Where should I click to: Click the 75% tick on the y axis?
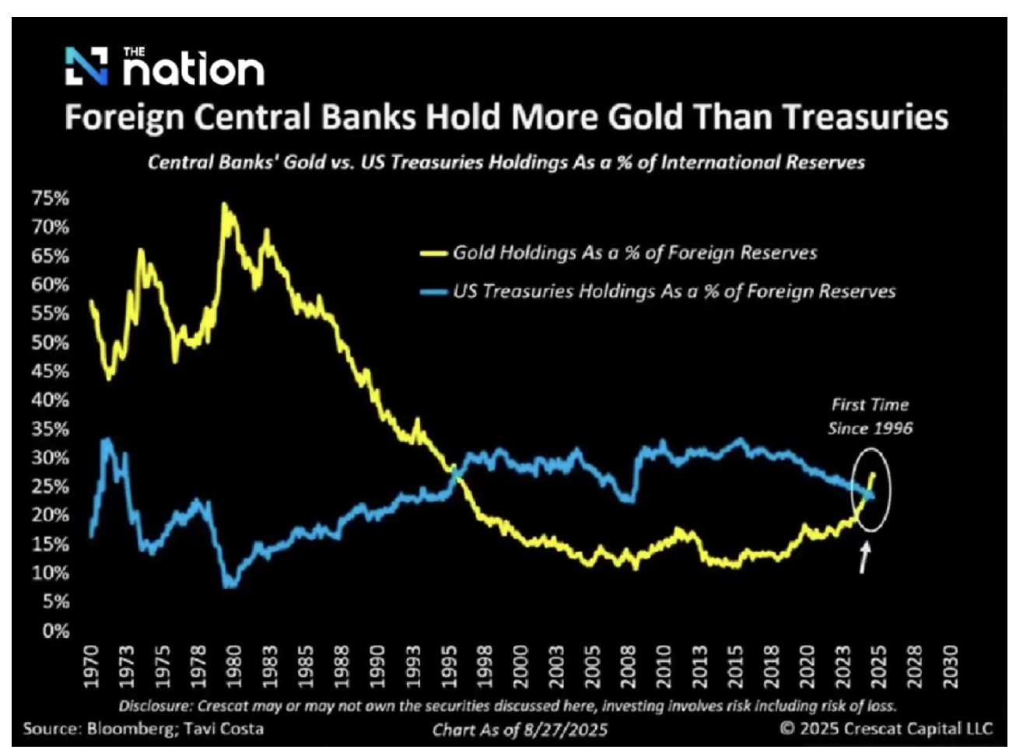click(51, 198)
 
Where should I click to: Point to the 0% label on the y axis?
click(56, 631)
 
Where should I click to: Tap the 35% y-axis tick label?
click(51, 429)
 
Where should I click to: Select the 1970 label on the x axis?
click(93, 667)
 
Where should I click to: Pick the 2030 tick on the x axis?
click(951, 667)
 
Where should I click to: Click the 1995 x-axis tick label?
click(450, 667)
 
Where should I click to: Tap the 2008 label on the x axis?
click(629, 667)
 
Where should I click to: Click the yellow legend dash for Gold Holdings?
click(433, 254)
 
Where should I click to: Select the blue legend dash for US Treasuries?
click(433, 292)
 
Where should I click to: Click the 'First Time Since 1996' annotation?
click(870, 416)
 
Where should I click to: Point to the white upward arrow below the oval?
click(864, 557)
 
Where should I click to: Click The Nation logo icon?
click(86, 65)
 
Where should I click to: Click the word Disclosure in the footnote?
click(152, 706)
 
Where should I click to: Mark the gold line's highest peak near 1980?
click(224, 205)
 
